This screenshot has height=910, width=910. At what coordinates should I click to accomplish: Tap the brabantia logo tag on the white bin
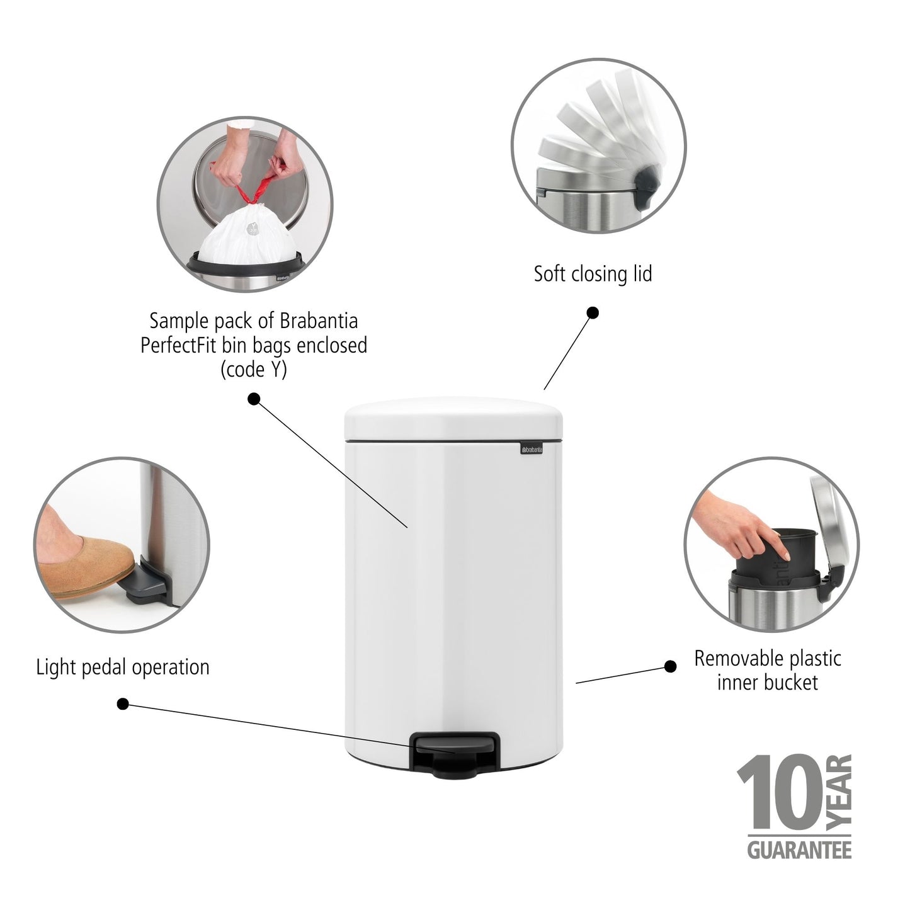[534, 448]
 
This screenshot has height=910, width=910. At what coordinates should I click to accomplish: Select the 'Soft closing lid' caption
[593, 274]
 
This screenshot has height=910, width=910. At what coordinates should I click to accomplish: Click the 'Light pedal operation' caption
[123, 667]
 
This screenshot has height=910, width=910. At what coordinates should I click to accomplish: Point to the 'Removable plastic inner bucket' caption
[767, 670]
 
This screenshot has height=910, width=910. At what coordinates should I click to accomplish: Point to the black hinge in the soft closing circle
[647, 187]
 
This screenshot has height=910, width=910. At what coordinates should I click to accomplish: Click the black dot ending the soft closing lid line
[592, 312]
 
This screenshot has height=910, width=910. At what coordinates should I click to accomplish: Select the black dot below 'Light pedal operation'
[123, 703]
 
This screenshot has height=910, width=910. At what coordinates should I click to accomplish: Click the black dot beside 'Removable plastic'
[671, 666]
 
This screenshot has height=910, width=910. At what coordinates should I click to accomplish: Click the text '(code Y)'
[253, 370]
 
